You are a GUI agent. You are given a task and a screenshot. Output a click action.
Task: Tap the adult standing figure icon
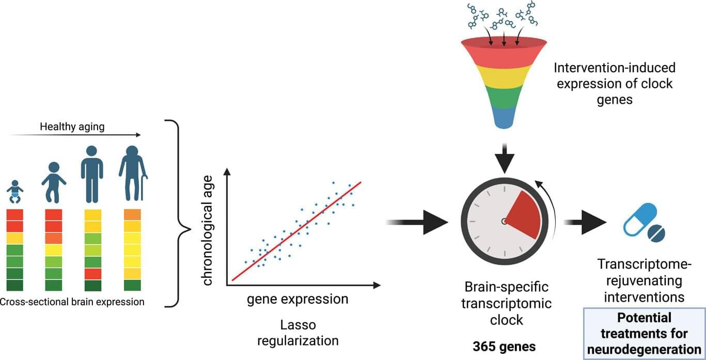pos(92,174)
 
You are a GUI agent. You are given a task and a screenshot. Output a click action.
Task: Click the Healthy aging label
pos(72,127)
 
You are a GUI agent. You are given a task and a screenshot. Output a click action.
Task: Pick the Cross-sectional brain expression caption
pos(72,302)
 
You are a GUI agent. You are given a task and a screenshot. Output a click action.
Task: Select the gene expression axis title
pos(297,299)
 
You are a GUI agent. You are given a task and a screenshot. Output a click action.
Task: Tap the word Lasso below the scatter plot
pos(298,325)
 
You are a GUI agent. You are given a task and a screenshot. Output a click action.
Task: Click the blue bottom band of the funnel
pos(504,118)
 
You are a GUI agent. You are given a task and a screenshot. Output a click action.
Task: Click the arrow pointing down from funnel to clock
pos(504,158)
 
